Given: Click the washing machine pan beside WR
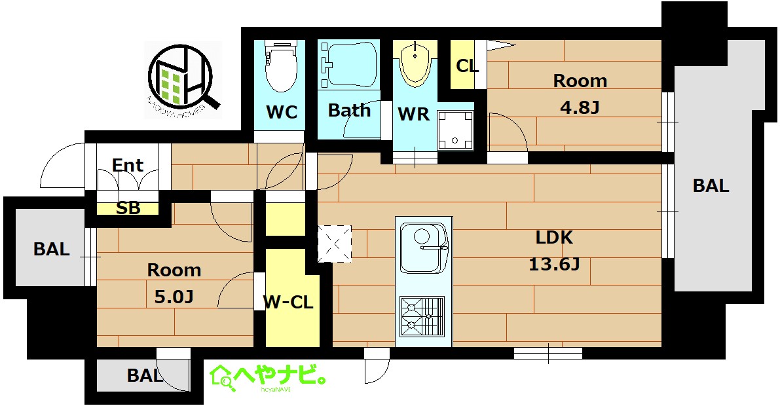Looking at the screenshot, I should (x=456, y=128).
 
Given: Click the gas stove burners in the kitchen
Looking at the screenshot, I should (x=422, y=316).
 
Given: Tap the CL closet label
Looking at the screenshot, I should (x=467, y=66).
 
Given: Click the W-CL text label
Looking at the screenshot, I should (x=288, y=303).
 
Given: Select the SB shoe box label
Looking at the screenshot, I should (x=128, y=208).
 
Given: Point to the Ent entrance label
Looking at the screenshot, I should (x=128, y=165).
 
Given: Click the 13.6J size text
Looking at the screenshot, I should (x=554, y=265).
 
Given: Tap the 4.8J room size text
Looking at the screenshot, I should (x=580, y=107).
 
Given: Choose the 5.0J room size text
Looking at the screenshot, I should (x=174, y=297).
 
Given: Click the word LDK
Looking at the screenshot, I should (x=555, y=237).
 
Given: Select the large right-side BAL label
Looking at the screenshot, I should (x=711, y=186).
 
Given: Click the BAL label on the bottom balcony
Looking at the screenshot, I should (x=145, y=376).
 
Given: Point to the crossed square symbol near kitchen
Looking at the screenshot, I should (x=335, y=243).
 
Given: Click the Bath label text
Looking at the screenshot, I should (x=349, y=110).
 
